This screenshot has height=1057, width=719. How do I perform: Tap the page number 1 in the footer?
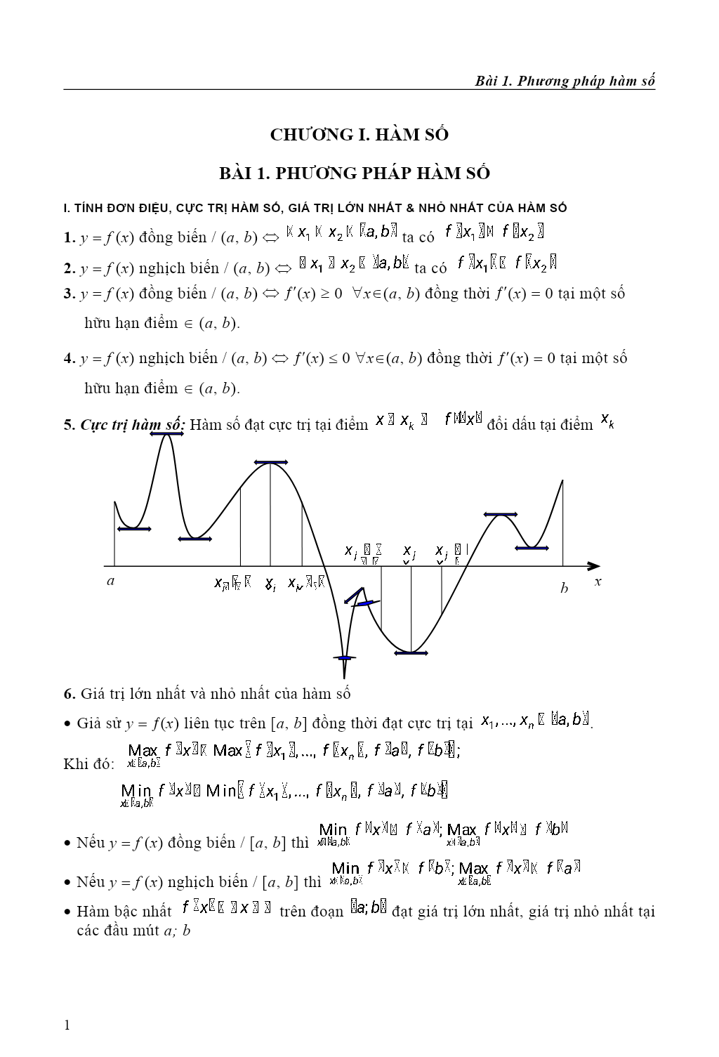coord(67,1025)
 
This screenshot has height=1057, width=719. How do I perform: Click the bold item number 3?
coord(68,294)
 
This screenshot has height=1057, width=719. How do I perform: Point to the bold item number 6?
coord(69,694)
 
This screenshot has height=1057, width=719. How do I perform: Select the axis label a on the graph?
coord(110,581)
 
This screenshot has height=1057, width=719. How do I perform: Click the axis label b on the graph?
coord(564,589)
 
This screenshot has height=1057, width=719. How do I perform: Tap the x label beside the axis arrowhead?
coord(598,582)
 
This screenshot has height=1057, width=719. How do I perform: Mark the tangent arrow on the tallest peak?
coord(166,435)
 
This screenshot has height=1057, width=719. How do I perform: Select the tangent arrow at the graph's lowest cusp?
coord(344,658)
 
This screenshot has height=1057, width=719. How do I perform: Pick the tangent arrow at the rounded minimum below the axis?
coord(411,653)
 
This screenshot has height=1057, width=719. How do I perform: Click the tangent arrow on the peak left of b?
coord(500,515)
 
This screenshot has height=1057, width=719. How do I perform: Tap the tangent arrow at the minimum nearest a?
coord(133,529)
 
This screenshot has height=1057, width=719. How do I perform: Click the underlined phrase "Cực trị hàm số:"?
coord(133,425)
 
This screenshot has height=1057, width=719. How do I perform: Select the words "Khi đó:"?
coord(88,764)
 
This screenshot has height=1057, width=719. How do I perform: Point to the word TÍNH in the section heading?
coord(89,208)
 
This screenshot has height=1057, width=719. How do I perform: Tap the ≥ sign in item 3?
coord(325,294)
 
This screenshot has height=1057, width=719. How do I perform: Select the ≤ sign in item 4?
coord(326,359)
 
